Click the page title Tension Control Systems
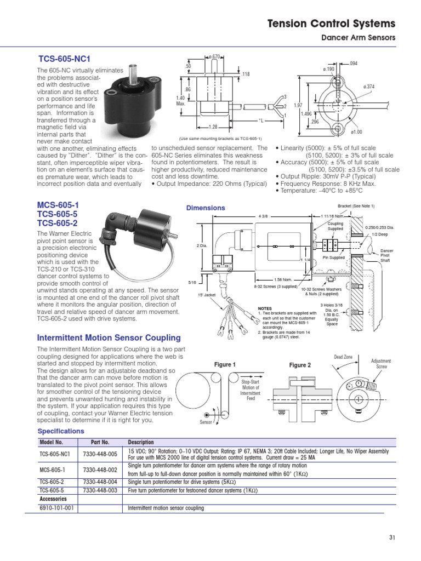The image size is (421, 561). pyautogui.click(x=331, y=24)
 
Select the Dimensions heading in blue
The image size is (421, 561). pyautogui.click(x=205, y=208)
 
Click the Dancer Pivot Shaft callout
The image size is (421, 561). pyautogui.click(x=388, y=256)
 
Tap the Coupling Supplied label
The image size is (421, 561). pyautogui.click(x=335, y=226)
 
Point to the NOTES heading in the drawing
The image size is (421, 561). pyautogui.click(x=265, y=308)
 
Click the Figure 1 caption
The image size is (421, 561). pyautogui.click(x=224, y=365)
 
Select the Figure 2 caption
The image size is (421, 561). pyautogui.click(x=300, y=365)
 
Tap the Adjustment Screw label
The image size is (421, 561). pyautogui.click(x=381, y=364)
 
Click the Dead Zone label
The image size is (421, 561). pyautogui.click(x=344, y=357)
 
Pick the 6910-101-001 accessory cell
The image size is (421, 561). pyautogui.click(x=56, y=508)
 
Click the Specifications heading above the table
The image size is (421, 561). pyautogui.click(x=61, y=431)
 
